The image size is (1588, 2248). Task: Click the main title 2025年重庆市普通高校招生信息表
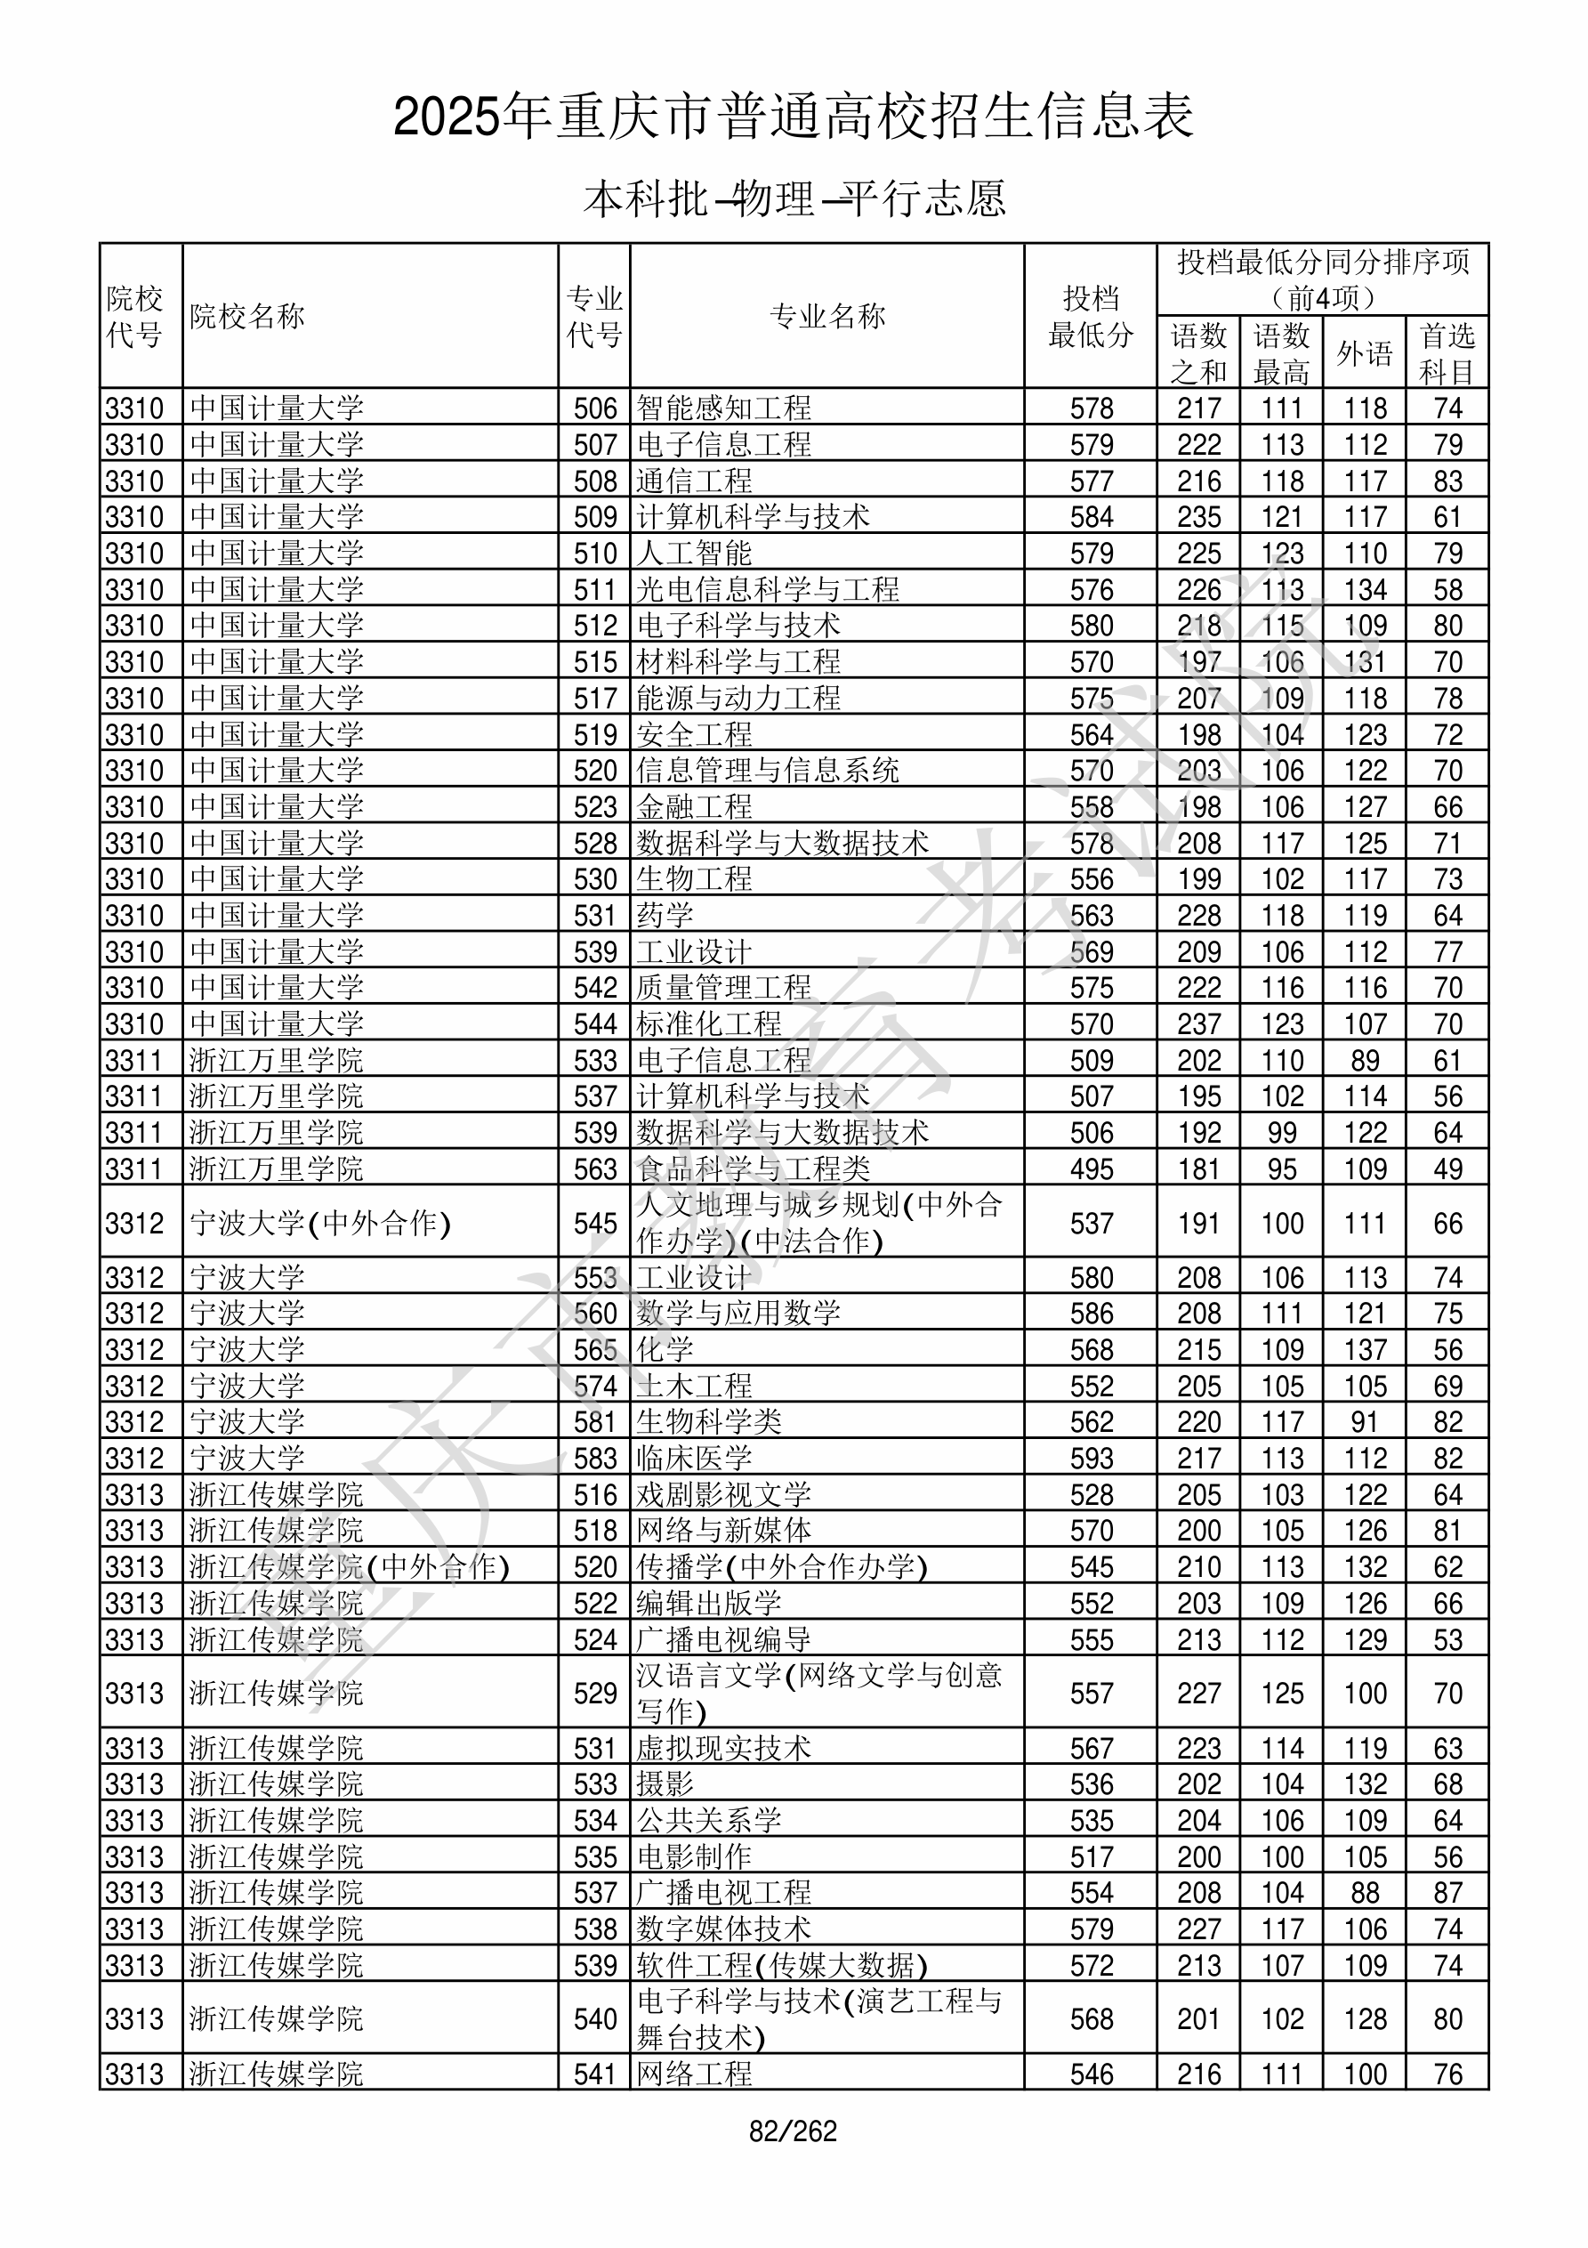(x=793, y=117)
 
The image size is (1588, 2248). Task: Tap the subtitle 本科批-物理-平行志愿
(x=793, y=198)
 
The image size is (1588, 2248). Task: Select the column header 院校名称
(x=247, y=316)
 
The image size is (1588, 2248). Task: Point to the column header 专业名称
(x=827, y=316)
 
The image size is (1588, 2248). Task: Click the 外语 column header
(x=1365, y=352)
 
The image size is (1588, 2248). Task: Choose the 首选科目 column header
(x=1447, y=352)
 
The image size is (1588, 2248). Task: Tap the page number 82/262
(x=793, y=2131)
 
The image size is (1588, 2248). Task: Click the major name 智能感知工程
(x=723, y=408)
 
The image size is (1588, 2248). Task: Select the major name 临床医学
(x=694, y=1458)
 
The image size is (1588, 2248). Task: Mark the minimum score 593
(x=1092, y=1459)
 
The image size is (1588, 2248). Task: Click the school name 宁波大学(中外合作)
(x=320, y=1223)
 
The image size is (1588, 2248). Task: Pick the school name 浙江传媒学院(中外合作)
(x=350, y=1566)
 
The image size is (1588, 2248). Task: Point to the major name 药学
(x=665, y=916)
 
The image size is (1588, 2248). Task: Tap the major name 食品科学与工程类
(x=753, y=1169)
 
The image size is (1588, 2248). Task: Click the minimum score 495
(x=1092, y=1169)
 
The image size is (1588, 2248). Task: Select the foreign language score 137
(x=1365, y=1350)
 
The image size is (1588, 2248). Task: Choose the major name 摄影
(x=665, y=1784)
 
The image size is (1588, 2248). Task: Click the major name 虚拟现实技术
(x=723, y=1748)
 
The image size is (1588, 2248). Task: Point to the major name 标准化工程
(x=709, y=1024)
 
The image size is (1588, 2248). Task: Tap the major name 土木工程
(x=694, y=1387)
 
